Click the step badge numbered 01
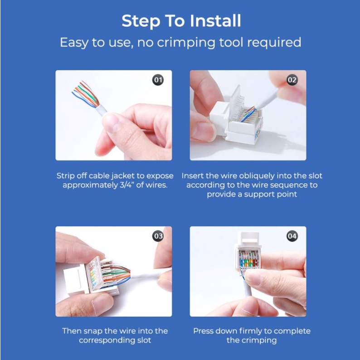tap(158, 80)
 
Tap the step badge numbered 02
tap(292, 80)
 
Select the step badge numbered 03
tap(158, 236)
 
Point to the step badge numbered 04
tap(292, 236)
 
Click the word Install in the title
tap(215, 21)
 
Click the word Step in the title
tap(141, 21)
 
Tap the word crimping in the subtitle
tap(186, 43)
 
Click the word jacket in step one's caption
tap(123, 176)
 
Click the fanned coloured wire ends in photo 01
tap(86, 95)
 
